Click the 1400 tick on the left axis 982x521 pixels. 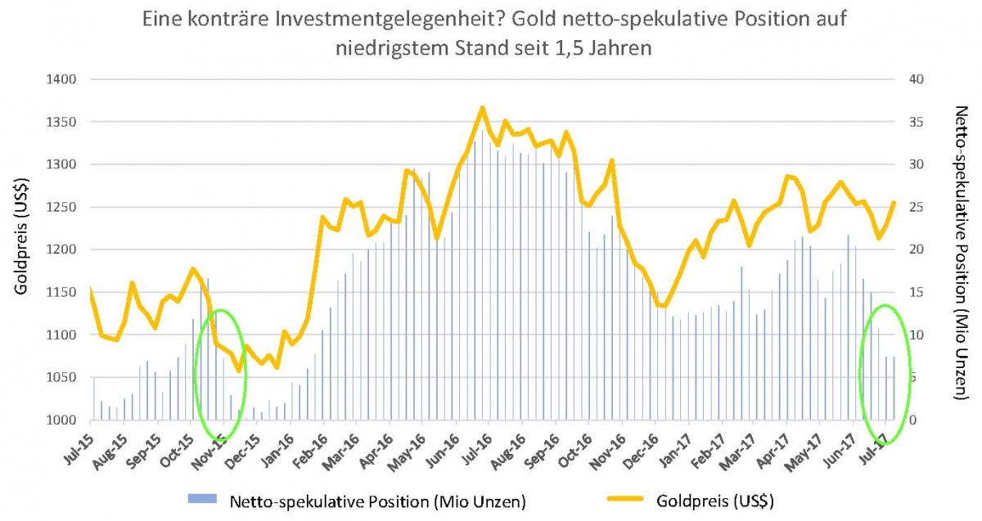[x=61, y=79]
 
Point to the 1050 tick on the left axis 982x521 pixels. [x=61, y=378]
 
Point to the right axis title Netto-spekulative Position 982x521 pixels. [x=962, y=254]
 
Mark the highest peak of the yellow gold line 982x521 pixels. [x=483, y=107]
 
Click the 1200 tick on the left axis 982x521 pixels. [x=61, y=249]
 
